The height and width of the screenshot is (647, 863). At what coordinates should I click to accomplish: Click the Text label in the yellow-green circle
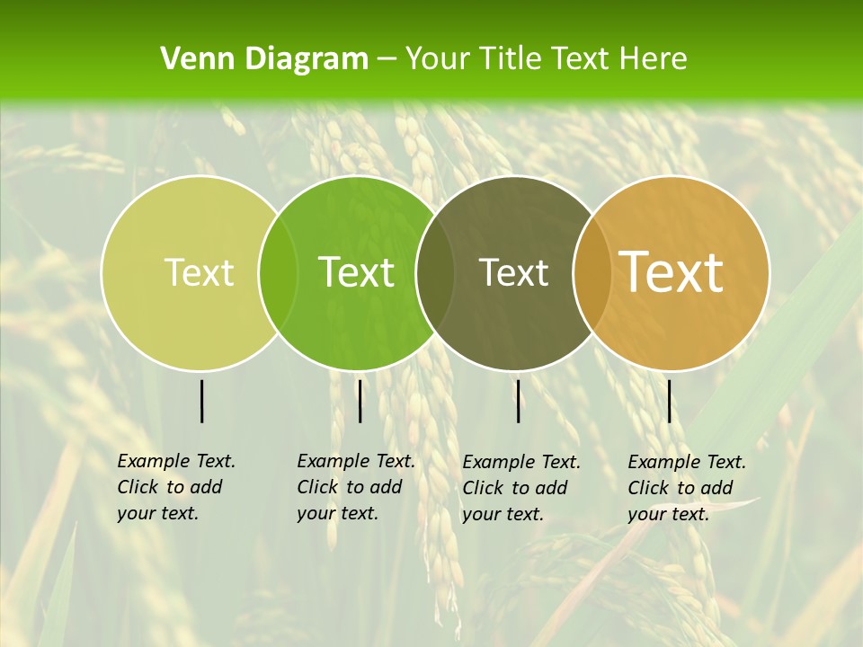pos(199,272)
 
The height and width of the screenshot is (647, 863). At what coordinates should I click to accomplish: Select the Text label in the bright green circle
pos(357,272)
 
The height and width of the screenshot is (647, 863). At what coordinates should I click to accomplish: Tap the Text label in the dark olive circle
pos(513,272)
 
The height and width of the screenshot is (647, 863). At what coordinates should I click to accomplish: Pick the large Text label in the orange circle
pos(672,272)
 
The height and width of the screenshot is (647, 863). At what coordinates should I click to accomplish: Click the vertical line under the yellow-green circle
pos(201,401)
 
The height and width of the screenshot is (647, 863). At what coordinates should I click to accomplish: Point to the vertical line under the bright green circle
pos(360,401)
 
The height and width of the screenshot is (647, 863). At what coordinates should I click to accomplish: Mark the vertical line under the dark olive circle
pos(518,401)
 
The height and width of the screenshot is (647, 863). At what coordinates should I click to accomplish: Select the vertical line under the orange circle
pos(669,401)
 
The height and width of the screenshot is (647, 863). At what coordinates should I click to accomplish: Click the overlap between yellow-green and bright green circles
pos(278,272)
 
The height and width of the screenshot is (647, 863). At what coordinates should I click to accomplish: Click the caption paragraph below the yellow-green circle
pos(175,487)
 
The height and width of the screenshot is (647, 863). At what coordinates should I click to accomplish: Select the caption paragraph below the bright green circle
pos(355,487)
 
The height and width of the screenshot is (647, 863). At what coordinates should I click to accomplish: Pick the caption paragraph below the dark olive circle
pos(520,488)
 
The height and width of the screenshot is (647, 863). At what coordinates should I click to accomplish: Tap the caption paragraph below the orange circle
pos(686,488)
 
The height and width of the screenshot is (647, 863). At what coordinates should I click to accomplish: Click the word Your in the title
pos(437,59)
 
